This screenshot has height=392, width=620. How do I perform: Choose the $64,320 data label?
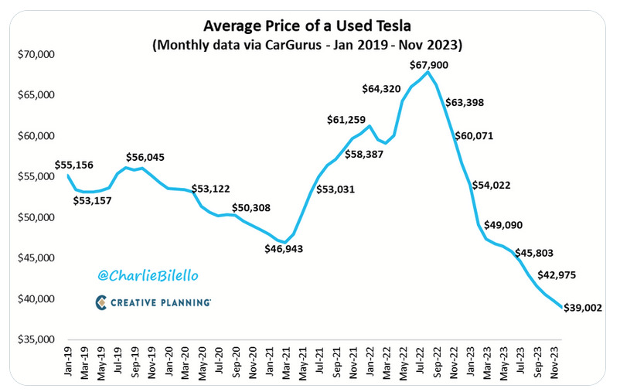[x=383, y=89]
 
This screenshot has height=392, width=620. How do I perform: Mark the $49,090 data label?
[x=506, y=225]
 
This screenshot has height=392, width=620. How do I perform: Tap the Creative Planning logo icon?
[x=101, y=302]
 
